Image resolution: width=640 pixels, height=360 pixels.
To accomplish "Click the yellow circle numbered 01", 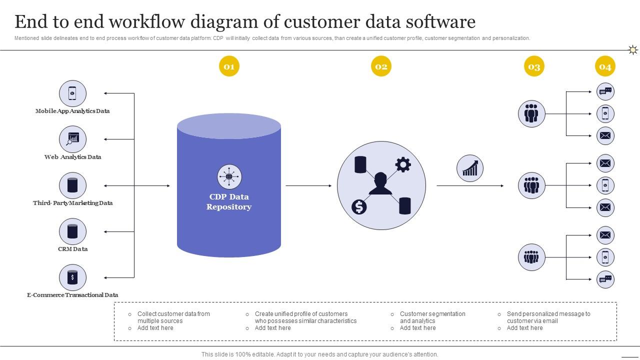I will [x=229, y=66].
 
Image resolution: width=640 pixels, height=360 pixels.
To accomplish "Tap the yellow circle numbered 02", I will [x=381, y=66].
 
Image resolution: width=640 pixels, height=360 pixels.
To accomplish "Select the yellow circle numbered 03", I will [x=534, y=66].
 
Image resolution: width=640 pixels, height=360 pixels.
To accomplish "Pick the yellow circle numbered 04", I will [x=605, y=66].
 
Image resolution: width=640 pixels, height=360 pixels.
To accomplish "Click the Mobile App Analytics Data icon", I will [x=72, y=93].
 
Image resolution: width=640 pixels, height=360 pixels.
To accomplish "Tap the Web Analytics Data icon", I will [x=72, y=139].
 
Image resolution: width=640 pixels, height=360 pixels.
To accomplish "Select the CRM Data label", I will [x=72, y=249].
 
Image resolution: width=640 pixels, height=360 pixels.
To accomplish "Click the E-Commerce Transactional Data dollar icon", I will [x=72, y=277].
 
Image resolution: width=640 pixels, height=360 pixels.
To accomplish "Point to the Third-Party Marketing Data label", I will [x=72, y=203].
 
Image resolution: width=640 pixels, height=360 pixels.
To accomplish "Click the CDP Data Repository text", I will [x=229, y=201].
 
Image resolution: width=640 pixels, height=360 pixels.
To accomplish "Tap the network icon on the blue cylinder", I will [x=229, y=176].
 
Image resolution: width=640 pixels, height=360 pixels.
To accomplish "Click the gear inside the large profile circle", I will [x=403, y=164].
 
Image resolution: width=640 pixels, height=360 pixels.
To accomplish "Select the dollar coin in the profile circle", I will [x=359, y=206].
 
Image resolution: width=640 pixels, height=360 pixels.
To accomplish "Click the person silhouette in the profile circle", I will [x=380, y=183].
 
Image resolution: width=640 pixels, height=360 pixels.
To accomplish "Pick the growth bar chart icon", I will [x=470, y=168].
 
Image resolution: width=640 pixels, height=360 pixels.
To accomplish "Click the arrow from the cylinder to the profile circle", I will [x=308, y=185].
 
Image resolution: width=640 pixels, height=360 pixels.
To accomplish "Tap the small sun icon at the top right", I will [x=633, y=49].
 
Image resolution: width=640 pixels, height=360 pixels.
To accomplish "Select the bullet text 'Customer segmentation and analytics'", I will [x=432, y=317].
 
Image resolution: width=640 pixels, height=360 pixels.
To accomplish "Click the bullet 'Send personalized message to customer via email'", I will [x=548, y=317].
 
